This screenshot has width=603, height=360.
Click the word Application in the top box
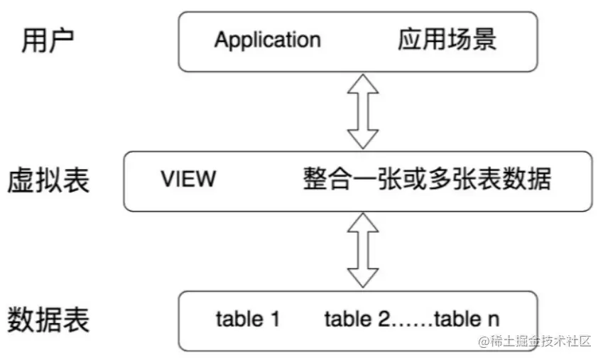point(267,40)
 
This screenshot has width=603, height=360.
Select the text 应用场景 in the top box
point(447,40)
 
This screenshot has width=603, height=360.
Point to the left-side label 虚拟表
point(48,180)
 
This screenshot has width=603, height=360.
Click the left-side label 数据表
point(48,320)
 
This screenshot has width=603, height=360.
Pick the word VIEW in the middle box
point(188,178)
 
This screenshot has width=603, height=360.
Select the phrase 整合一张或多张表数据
point(426,178)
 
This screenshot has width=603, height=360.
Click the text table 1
point(247,320)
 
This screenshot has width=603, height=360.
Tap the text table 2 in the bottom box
point(357,320)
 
